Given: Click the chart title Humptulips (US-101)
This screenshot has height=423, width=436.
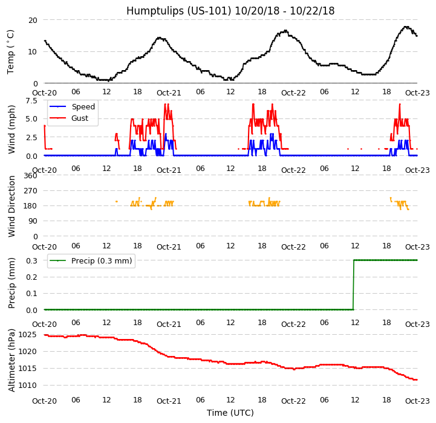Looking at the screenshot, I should click(230, 11).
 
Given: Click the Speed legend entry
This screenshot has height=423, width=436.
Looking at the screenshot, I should click(83, 107).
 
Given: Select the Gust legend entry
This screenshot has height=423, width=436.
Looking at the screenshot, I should click(79, 118).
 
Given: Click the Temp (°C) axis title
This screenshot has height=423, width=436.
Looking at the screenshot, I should click(11, 51).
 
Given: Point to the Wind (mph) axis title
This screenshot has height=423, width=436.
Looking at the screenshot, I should click(11, 129).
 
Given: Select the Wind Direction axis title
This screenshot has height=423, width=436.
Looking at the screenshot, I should click(11, 206).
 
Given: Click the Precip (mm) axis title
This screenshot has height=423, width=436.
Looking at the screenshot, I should click(11, 283).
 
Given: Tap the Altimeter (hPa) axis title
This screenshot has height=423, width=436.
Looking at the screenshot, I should click(11, 360).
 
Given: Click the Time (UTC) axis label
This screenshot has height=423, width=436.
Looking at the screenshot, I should click(230, 413).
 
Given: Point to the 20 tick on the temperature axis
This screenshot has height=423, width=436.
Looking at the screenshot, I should click(32, 20).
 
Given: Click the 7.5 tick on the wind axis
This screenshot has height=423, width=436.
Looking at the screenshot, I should click(30, 100).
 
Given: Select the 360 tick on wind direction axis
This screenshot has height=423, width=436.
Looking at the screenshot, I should click(30, 176).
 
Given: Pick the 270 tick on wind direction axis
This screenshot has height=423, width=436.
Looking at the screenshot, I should click(30, 191).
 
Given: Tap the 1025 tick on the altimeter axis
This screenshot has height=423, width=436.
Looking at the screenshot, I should click(27, 334).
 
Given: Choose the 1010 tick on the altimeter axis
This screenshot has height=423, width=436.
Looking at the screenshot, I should click(27, 385).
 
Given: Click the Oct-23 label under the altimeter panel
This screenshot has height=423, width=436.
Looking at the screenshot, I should click(417, 401).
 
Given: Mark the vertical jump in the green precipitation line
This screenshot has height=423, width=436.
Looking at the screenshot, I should click(354, 285).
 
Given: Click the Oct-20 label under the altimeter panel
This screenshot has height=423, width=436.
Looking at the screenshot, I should click(44, 401).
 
